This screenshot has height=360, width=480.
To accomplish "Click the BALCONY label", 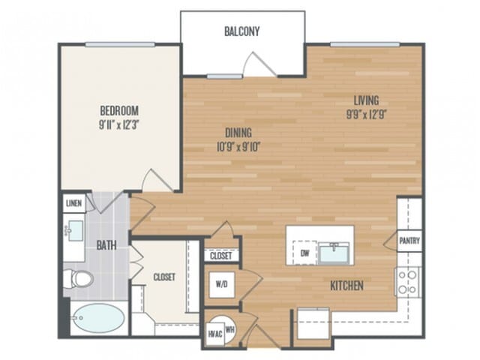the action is [x=241, y=31].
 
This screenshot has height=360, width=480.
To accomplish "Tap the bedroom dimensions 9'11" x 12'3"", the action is [x=119, y=125].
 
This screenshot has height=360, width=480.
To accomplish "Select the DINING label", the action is [x=238, y=133].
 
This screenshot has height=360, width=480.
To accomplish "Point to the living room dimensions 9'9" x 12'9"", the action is [x=367, y=115].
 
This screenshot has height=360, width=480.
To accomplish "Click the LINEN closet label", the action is [x=73, y=203].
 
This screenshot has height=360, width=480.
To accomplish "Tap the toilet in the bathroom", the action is [x=78, y=278].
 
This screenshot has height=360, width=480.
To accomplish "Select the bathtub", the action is [x=98, y=318].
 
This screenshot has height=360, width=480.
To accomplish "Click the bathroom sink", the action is [x=74, y=230].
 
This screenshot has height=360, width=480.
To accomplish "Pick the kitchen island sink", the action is [x=334, y=253].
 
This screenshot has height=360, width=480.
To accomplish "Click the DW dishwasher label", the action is [x=304, y=253].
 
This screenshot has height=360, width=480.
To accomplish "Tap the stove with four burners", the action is [x=408, y=282].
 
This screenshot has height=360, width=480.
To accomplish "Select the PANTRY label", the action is [x=409, y=241].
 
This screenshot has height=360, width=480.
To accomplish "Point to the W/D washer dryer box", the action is [x=222, y=285].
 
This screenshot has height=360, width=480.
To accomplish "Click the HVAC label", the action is [x=215, y=334].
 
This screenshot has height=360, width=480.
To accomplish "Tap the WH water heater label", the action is [x=229, y=330].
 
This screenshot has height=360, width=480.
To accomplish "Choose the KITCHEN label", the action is [x=346, y=286].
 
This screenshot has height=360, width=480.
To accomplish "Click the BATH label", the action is [x=106, y=245].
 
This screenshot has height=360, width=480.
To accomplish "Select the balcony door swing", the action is [x=259, y=64].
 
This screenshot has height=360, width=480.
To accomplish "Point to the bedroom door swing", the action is [x=157, y=180].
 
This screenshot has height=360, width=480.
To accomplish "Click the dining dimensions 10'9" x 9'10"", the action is [x=238, y=147].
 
